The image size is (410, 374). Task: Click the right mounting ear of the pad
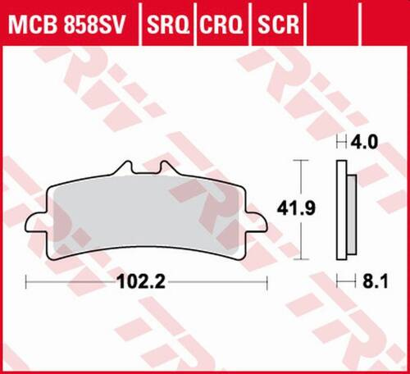(x=261, y=221)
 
